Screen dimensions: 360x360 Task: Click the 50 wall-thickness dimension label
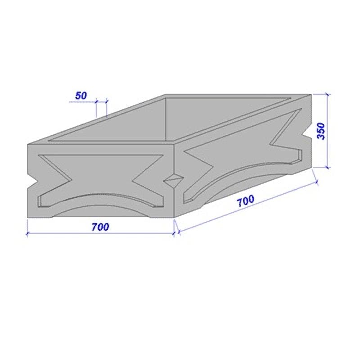tap(81, 95)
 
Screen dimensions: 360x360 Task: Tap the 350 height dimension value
tap(321, 131)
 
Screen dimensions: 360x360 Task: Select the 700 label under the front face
tap(100, 227)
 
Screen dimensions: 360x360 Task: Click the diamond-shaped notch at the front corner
tap(173, 181)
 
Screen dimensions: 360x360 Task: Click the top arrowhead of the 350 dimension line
tap(328, 94)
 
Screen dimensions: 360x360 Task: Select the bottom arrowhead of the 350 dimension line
tap(328, 167)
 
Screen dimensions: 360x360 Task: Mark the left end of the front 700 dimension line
tap(27, 234)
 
